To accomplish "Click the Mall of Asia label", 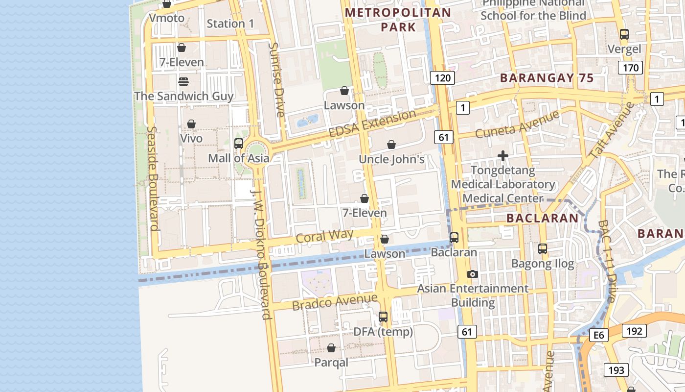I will (x=238, y=158).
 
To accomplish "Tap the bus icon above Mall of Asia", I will (x=239, y=144).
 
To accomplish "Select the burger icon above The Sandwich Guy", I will (x=183, y=81).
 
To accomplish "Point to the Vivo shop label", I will (x=191, y=139).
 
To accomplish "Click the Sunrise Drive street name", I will (x=277, y=80).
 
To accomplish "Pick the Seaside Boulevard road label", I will (x=153, y=178).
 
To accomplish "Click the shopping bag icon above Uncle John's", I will (x=391, y=145).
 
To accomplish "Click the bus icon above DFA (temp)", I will (x=383, y=317).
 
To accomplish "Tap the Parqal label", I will (x=331, y=363).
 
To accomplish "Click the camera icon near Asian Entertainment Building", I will (x=472, y=274).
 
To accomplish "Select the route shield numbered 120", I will (x=443, y=77).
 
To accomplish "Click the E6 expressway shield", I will (x=599, y=335).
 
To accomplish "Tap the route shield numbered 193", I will (x=616, y=370).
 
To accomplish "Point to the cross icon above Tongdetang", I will (x=502, y=156).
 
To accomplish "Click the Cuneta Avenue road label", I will (x=517, y=124).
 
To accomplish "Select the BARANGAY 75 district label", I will (x=547, y=78).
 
